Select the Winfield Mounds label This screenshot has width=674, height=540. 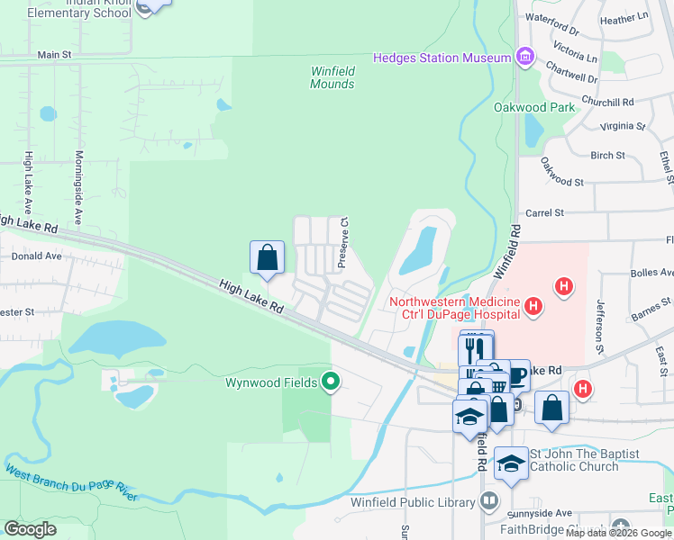pyautogui.click(x=332, y=77)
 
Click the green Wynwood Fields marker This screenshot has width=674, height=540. pyautogui.click(x=331, y=382)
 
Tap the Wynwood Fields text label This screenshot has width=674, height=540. pyautogui.click(x=270, y=382)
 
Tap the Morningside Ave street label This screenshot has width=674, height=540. pyautogui.click(x=78, y=187)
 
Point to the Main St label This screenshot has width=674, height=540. pyautogui.click(x=54, y=55)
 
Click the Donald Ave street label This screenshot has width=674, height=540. pyautogui.click(x=36, y=256)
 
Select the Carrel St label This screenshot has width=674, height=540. pyautogui.click(x=544, y=213)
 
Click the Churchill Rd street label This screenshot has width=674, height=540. pyautogui.click(x=607, y=102)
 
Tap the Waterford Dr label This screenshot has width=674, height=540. pyautogui.click(x=551, y=17)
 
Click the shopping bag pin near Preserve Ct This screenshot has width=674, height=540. pyautogui.click(x=268, y=257)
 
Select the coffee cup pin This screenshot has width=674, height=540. pyautogui.click(x=517, y=375)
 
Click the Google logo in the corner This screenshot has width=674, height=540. pyautogui.click(x=30, y=529)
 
